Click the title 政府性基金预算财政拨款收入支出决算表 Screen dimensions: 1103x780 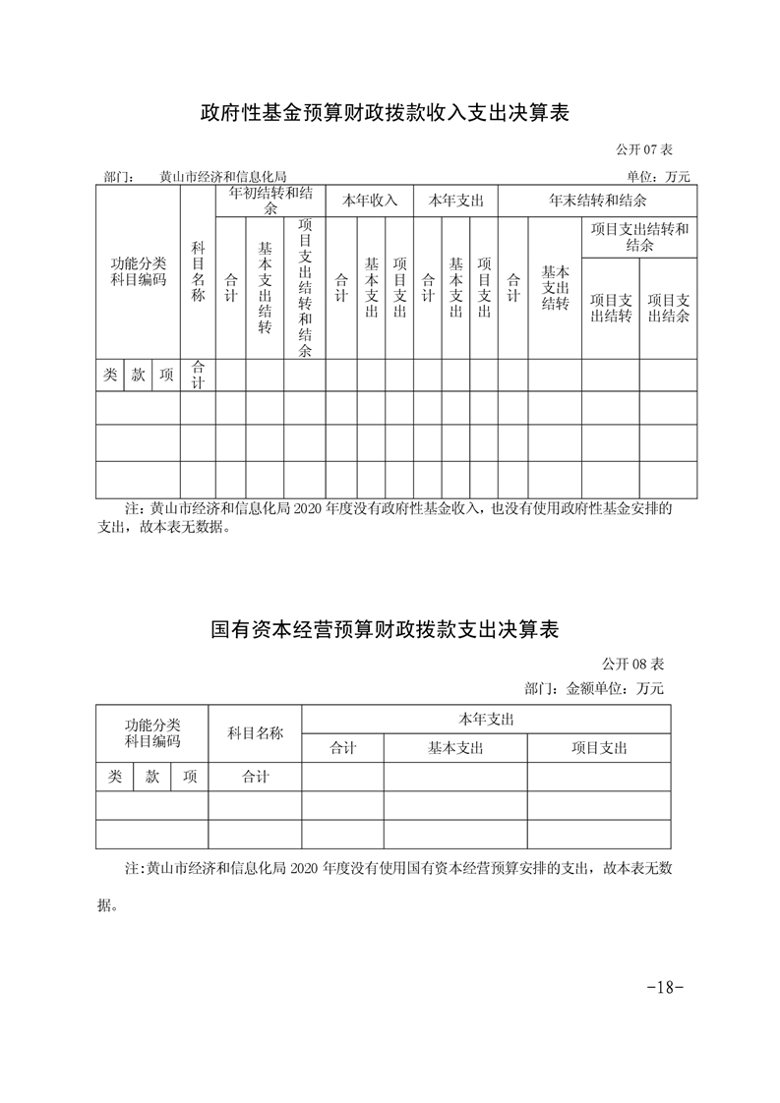click(x=385, y=114)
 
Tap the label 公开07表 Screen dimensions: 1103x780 click(x=643, y=149)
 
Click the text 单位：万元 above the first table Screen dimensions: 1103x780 click(x=658, y=177)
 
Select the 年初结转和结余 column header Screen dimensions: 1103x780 click(x=270, y=201)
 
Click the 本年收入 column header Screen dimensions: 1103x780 click(x=369, y=201)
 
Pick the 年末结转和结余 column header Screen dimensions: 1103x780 click(x=597, y=201)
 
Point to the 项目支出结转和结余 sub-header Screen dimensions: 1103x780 click(x=639, y=237)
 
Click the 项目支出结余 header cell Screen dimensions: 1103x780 click(x=668, y=308)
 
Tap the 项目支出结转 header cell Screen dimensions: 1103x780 click(x=611, y=308)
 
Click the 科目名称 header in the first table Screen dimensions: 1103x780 click(x=198, y=272)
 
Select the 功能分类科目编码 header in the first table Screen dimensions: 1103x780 click(x=138, y=271)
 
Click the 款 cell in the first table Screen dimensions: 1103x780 click(x=139, y=375)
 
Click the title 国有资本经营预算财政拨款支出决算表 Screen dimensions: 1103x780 click(x=385, y=629)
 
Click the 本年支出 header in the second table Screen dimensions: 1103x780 click(x=486, y=719)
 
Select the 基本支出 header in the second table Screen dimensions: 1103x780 click(x=455, y=748)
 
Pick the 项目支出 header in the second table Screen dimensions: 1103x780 click(x=599, y=748)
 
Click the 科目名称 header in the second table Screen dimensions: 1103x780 click(x=255, y=732)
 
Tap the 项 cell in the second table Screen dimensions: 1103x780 click(x=190, y=777)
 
